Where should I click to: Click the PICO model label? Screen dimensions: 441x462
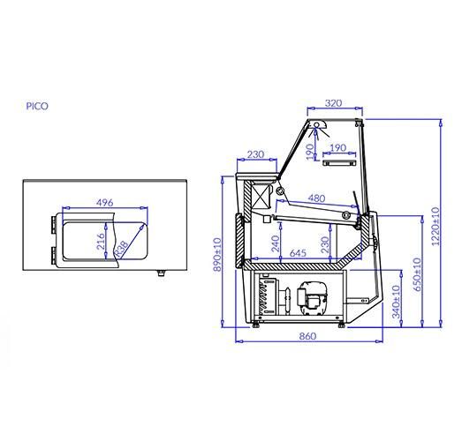[x=37, y=106]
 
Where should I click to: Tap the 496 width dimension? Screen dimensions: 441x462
[x=105, y=203]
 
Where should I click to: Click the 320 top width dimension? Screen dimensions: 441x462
[x=334, y=103]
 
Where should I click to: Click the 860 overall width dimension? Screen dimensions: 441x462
[x=308, y=337]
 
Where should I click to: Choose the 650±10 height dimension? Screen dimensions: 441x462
[x=415, y=275]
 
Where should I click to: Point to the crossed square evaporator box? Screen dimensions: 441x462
[x=261, y=195]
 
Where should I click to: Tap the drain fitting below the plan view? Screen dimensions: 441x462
[x=160, y=273]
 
